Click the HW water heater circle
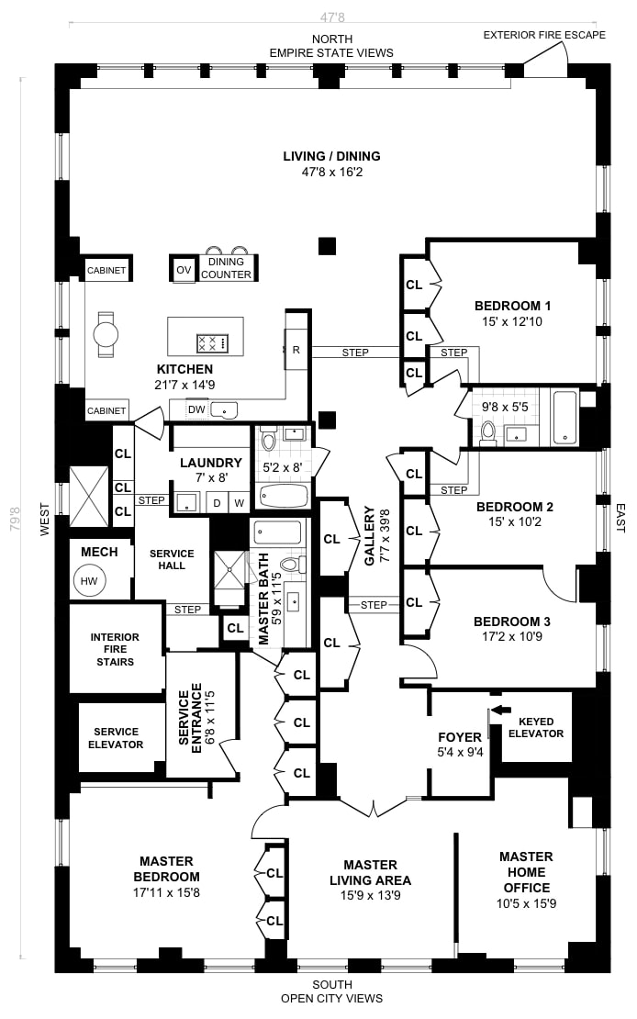(89, 581)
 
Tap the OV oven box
(184, 269)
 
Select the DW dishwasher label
(196, 409)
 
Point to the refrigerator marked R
(296, 350)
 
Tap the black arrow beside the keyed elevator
(500, 710)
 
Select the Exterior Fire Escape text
(544, 36)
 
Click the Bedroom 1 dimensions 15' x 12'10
(512, 321)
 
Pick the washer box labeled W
(238, 502)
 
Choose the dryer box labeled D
(218, 502)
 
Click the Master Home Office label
(526, 872)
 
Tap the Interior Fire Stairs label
(115, 649)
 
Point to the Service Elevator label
(115, 738)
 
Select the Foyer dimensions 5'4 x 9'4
(459, 752)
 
